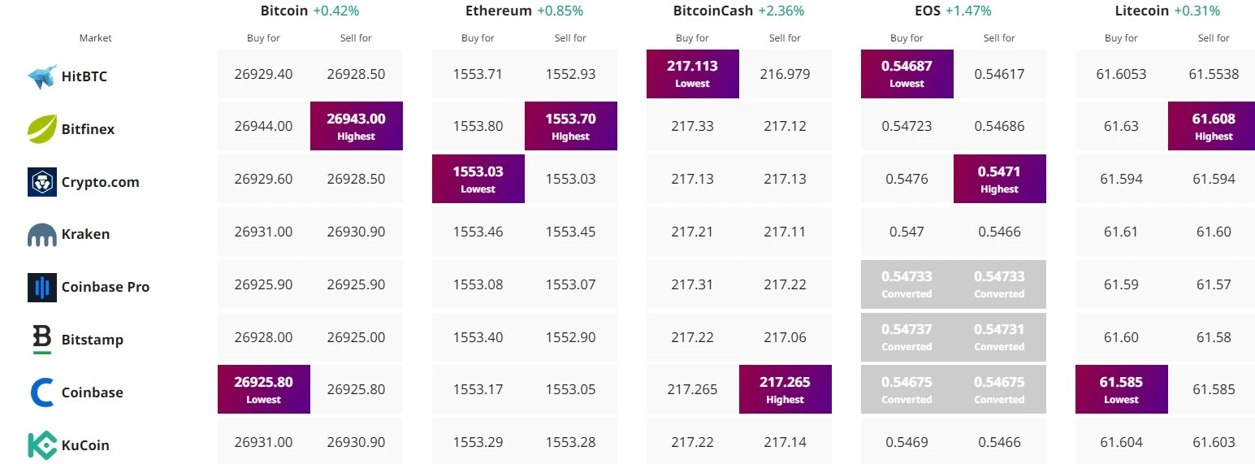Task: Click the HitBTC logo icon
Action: [42, 76]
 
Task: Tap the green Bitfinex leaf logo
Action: [42, 129]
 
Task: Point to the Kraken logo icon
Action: [42, 235]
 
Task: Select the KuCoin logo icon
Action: [42, 445]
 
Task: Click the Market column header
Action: [95, 37]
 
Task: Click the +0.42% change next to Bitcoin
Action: [336, 11]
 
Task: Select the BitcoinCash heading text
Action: [712, 11]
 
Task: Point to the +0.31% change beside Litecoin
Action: [1197, 11]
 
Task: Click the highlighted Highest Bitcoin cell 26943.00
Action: [357, 126]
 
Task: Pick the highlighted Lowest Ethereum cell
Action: [478, 179]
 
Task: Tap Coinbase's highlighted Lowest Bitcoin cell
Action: [264, 389]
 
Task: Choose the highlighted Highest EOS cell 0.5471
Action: [999, 179]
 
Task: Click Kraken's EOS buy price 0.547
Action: [907, 232]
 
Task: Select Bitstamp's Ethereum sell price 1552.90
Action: [570, 337]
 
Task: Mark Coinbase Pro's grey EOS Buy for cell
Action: [907, 284]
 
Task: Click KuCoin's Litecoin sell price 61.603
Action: [1214, 442]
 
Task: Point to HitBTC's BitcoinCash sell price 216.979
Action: [785, 74]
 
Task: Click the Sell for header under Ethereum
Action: [570, 37]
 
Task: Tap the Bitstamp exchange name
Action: [93, 340]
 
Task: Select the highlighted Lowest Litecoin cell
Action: [1122, 389]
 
